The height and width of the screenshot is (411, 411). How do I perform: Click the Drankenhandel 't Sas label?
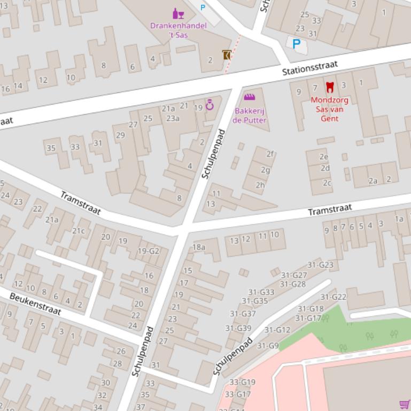pyautogui.click(x=171, y=30)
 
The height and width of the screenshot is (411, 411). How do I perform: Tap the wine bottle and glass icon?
pyautogui.click(x=177, y=13)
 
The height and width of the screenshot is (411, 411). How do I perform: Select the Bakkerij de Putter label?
pyautogui.click(x=249, y=116)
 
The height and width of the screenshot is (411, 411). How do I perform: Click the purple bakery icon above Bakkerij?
pyautogui.click(x=249, y=97)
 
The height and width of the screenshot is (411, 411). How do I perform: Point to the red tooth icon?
pyautogui.click(x=330, y=87)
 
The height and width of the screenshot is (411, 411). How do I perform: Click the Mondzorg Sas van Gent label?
pyautogui.click(x=329, y=109)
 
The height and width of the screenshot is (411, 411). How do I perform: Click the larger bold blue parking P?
pyautogui.click(x=296, y=44)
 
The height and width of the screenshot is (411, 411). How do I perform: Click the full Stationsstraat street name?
pyautogui.click(x=310, y=68)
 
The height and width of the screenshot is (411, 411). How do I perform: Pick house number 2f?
pyautogui.click(x=270, y=154)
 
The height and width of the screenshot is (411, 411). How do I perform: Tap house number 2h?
pyautogui.click(x=260, y=185)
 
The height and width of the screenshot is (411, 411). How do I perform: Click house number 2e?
pyautogui.click(x=323, y=157)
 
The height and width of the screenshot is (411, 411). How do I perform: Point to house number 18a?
pyautogui.click(x=199, y=247)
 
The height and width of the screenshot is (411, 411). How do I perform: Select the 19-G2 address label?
pyautogui.click(x=149, y=251)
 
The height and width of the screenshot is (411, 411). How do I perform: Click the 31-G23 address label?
pyautogui.click(x=320, y=265)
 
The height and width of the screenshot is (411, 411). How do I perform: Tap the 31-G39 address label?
pyautogui.click(x=238, y=328)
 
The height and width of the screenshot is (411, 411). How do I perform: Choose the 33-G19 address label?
pyautogui.click(x=242, y=382)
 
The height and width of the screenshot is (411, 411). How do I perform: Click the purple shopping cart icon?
pyautogui.click(x=405, y=405)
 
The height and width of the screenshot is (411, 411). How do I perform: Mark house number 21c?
pyautogui.click(x=79, y=231)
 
